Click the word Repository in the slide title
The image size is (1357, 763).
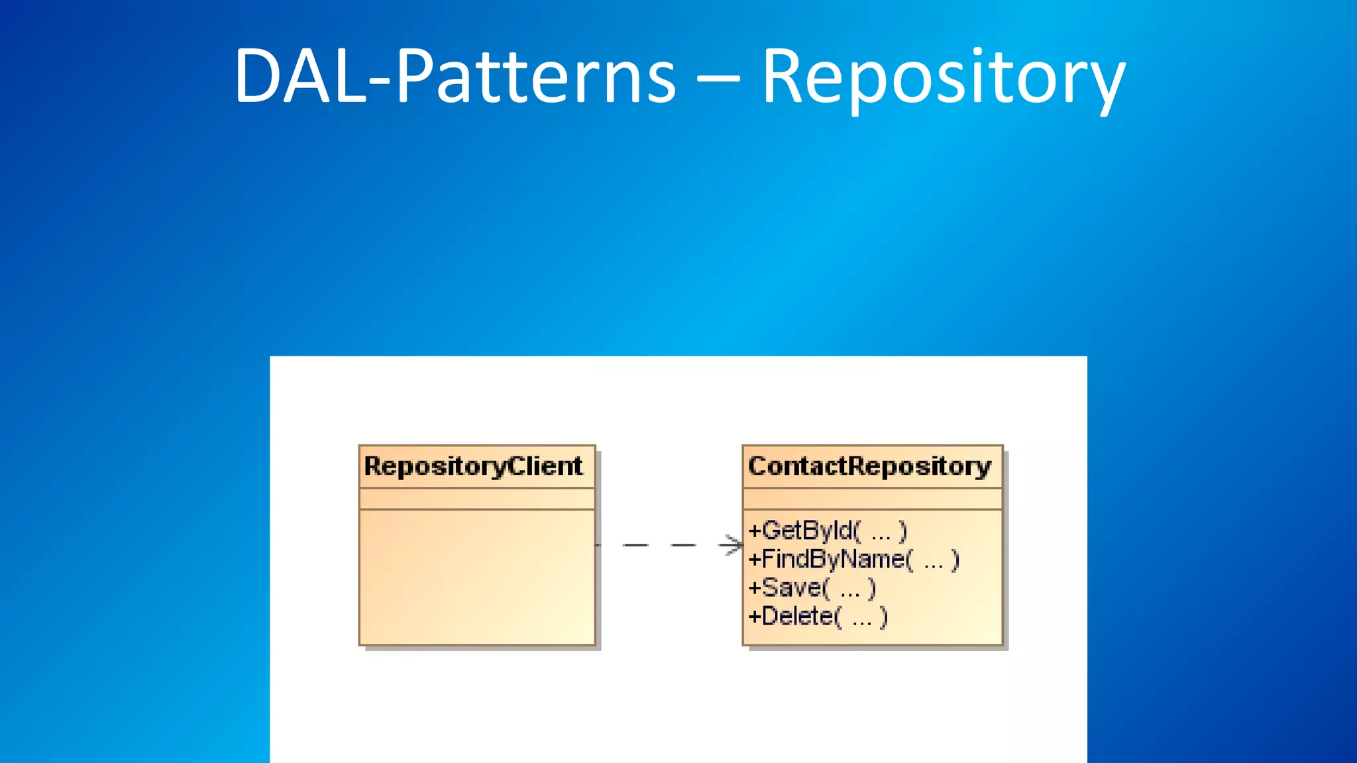coord(944,78)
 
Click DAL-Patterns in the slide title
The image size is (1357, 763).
coord(455,78)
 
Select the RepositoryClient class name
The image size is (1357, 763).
coord(473,466)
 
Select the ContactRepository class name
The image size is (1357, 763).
coord(869,466)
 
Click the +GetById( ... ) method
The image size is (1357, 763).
coord(827,531)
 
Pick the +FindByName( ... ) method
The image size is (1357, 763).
coord(853,560)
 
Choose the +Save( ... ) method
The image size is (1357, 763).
coord(812,588)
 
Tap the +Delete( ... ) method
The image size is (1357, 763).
coord(818,617)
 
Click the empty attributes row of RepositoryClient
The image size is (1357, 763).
coord(477,499)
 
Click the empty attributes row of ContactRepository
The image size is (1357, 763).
coord(872,499)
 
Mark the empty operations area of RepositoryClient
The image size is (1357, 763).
coord(477,576)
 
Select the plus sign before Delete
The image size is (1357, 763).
coord(755,617)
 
